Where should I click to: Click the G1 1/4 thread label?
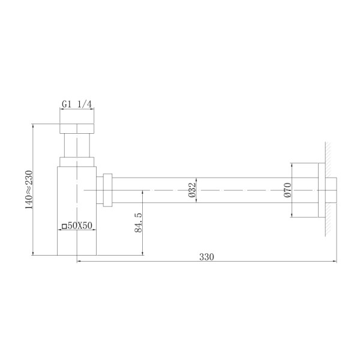(77, 104)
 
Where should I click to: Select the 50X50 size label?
(79, 226)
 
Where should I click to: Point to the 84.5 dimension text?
(137, 223)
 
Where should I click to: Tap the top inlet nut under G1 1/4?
(77, 128)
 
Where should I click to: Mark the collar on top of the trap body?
(77, 160)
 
